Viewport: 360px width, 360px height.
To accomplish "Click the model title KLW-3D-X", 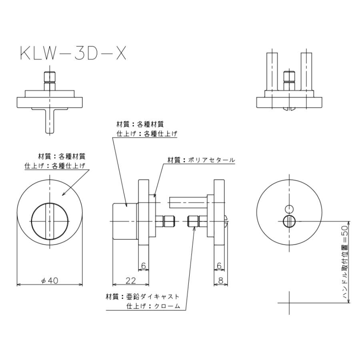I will click(73, 53).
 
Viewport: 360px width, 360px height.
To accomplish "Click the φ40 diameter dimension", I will click(50, 280).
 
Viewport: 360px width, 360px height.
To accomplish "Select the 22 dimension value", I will click(130, 280).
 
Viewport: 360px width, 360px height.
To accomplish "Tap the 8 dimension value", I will click(221, 280).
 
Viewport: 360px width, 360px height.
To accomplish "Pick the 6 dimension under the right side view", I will click(219, 265).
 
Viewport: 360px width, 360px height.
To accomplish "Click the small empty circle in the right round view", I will click(289, 208).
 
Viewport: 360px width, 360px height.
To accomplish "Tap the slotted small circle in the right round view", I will click(289, 221).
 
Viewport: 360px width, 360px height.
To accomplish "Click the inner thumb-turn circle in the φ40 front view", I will click(50, 221).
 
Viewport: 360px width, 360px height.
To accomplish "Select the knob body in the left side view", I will click(125, 221).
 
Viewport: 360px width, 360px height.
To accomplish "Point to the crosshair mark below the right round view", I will click(289, 303).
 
